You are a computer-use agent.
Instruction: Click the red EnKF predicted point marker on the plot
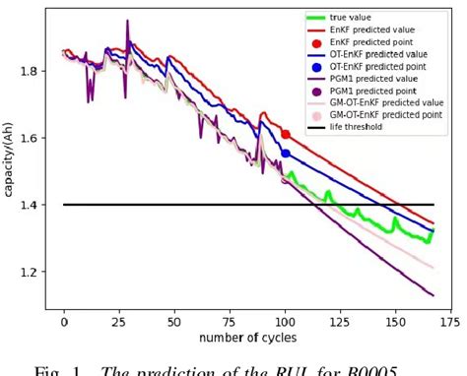tap(286, 134)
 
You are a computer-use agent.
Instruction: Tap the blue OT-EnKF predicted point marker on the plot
tap(286, 153)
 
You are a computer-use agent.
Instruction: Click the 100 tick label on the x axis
tap(285, 322)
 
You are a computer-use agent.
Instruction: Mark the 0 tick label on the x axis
tap(64, 322)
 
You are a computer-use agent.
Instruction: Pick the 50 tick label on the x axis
tap(174, 322)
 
